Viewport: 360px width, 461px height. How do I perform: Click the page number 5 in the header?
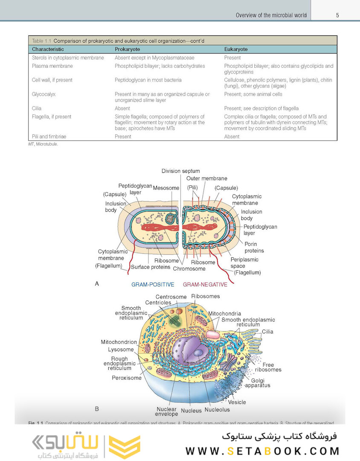pyautogui.click(x=337, y=15)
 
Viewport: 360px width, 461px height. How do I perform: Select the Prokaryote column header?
pyautogui.click(x=127, y=49)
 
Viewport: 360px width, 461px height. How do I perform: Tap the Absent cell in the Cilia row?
pyautogui.click(x=122, y=108)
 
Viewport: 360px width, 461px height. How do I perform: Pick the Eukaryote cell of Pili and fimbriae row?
pyautogui.click(x=232, y=137)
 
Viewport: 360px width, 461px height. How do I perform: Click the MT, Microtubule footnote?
pyautogui.click(x=43, y=144)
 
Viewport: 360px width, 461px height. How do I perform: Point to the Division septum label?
pyautogui.click(x=180, y=171)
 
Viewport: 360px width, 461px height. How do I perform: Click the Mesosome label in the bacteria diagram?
pyautogui.click(x=166, y=188)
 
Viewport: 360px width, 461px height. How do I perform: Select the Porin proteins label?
pyautogui.click(x=254, y=247)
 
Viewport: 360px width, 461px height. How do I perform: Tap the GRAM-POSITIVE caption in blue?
pyautogui.click(x=152, y=284)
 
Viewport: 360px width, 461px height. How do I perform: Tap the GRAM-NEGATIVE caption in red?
pyautogui.click(x=205, y=284)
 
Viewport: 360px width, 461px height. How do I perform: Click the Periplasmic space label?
pyautogui.click(x=244, y=263)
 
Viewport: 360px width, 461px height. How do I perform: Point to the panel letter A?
pyautogui.click(x=97, y=283)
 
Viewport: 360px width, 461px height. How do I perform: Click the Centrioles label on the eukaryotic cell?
pyautogui.click(x=158, y=303)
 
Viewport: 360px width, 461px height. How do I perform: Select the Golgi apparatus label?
pyautogui.click(x=258, y=382)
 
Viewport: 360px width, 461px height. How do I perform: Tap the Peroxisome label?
pyautogui.click(x=127, y=378)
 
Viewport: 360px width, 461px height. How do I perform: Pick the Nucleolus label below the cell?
pyautogui.click(x=217, y=409)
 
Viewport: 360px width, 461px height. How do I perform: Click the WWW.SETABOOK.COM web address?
pyautogui.click(x=262, y=451)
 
